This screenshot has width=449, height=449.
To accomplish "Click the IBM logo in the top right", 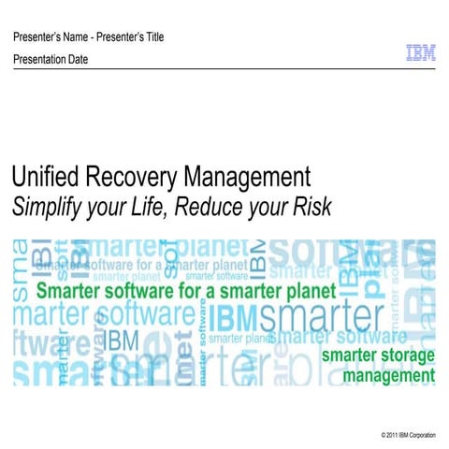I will pos(420,54).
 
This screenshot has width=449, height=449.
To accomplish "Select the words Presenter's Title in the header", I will pos(131,37).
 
